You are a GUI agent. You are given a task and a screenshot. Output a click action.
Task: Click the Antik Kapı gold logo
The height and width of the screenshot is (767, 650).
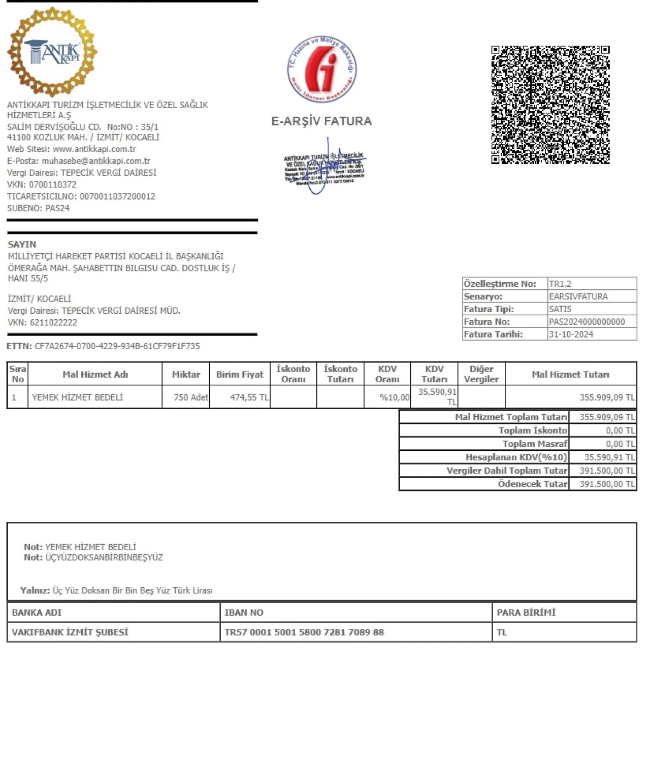pos(52,52)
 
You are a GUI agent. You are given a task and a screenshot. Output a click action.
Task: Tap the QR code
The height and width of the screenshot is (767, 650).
pos(550,105)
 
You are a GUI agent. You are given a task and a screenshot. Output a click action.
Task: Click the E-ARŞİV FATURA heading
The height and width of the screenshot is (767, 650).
pos(321,121)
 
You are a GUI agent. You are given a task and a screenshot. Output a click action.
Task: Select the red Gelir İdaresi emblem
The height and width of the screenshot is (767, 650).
pos(322,69)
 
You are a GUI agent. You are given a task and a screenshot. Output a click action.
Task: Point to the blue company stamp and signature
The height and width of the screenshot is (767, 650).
pos(324,168)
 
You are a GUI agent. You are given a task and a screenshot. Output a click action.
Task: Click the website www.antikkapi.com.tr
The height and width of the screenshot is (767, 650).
pos(94,149)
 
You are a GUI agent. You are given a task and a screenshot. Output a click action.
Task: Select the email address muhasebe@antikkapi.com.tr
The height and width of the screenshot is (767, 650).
pos(96,161)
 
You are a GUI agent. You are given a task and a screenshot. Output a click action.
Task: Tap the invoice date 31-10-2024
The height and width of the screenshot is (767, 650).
pos(571,335)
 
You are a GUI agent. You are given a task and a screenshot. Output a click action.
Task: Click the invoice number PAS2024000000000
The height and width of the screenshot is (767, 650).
pos(587,322)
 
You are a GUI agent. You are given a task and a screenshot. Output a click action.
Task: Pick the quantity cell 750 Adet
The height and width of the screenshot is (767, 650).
pos(190,397)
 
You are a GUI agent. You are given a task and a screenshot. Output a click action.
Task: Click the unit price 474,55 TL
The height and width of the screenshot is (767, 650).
pos(249,397)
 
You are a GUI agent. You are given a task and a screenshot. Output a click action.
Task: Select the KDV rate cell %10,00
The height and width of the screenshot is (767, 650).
pos(394,397)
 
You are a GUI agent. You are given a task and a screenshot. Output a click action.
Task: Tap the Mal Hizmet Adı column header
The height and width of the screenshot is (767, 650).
pos(95,375)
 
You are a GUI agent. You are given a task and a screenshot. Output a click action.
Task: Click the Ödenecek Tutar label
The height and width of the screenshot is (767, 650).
pos(532,484)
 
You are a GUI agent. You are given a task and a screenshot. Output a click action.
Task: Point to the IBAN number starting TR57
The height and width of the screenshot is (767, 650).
pos(304,632)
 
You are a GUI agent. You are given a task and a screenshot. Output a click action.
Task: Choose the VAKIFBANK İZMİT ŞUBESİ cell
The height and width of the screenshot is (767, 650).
pos(70,632)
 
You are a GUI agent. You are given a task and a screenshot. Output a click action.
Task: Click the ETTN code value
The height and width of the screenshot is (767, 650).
pos(117,346)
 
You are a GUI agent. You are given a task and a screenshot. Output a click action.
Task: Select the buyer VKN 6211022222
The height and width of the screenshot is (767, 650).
pos(53,323)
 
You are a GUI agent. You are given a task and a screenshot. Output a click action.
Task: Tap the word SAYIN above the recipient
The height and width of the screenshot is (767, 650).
pos(22,244)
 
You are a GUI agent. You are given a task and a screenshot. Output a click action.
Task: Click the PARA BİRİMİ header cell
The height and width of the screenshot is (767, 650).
pos(526,613)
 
